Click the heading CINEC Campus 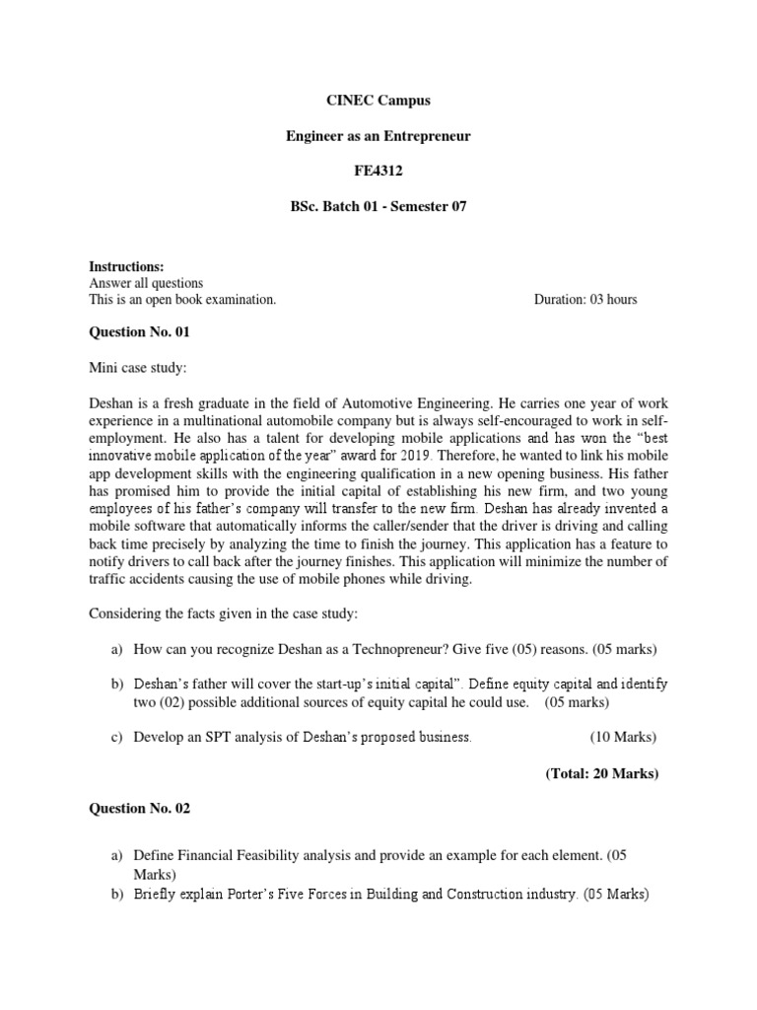tap(378, 101)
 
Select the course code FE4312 tap(378, 171)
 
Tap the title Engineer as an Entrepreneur tap(378, 136)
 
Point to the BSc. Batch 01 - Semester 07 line tap(378, 206)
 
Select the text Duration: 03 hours tap(585, 300)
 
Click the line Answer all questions tap(146, 284)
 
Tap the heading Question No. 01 tap(140, 333)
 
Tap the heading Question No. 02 tap(140, 809)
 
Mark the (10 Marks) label tap(623, 737)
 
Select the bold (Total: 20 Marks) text tap(601, 773)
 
